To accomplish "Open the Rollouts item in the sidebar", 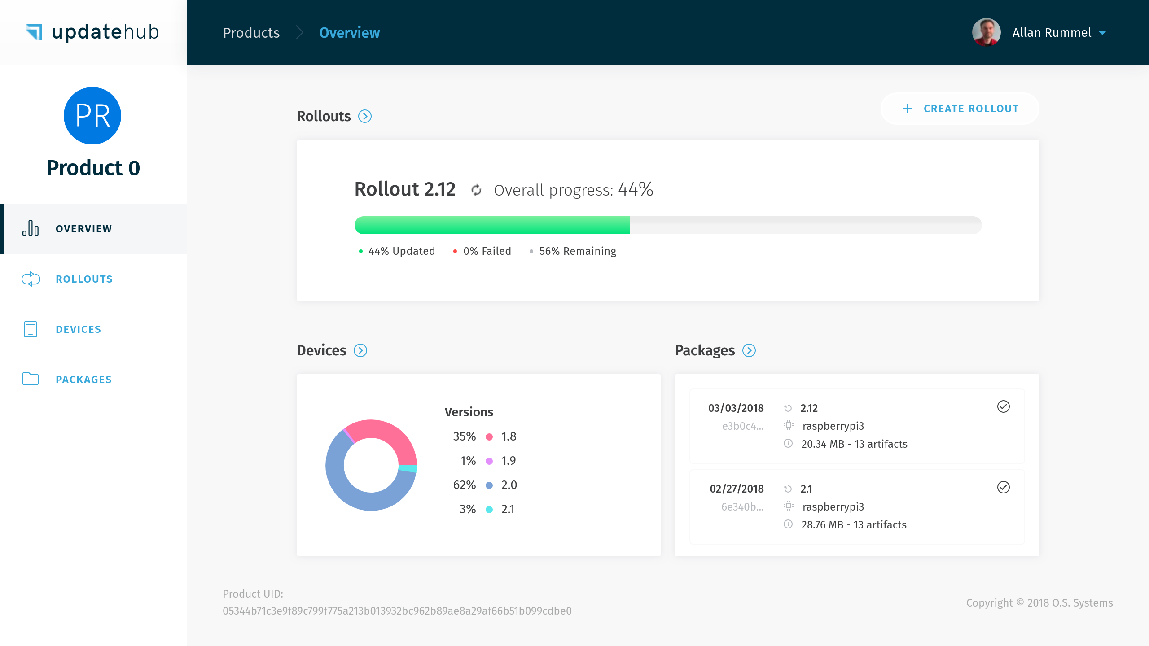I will coord(84,279).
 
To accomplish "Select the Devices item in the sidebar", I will coord(78,329).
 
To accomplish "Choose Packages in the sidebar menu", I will coord(83,380).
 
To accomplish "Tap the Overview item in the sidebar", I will coord(83,229).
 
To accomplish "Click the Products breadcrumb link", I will coord(251,33).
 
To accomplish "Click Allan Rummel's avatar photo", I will coord(986,32).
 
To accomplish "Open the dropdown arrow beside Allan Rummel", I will coord(1102,33).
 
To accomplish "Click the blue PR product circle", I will coord(92,116).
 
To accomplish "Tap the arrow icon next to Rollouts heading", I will coord(365,117).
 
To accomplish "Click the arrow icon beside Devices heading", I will coord(360,350).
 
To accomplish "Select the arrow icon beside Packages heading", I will coord(749,350).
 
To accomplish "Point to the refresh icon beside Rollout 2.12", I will coord(476,190).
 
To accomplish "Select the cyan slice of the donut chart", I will coord(408,468).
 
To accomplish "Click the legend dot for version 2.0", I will coord(489,485).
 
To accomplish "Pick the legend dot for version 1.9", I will coord(489,461).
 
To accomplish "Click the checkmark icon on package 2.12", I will coord(1004,406).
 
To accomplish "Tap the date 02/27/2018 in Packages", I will coord(737,489).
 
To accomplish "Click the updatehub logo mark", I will coord(34,32).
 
